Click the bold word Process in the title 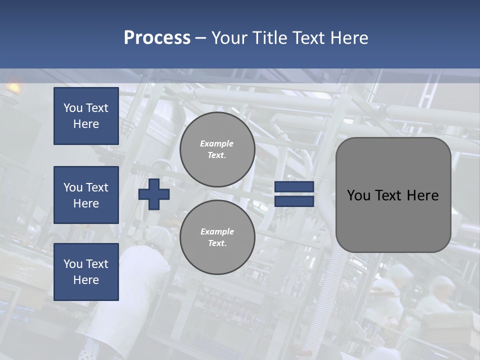pyautogui.click(x=157, y=38)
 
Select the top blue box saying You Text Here pyautogui.click(x=86, y=116)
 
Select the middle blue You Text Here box pyautogui.click(x=86, y=195)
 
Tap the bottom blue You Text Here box pyautogui.click(x=86, y=271)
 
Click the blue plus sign pyautogui.click(x=154, y=194)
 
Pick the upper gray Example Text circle pyautogui.click(x=217, y=149)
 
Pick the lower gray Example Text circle pyautogui.click(x=217, y=237)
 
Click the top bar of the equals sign pyautogui.click(x=294, y=187)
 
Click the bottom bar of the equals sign pyautogui.click(x=294, y=201)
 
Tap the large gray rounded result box pyautogui.click(x=393, y=220)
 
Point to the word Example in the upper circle pyautogui.click(x=217, y=143)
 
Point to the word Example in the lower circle pyautogui.click(x=217, y=231)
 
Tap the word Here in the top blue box pyautogui.click(x=86, y=124)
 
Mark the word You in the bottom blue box pyautogui.click(x=72, y=264)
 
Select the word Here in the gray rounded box pyautogui.click(x=422, y=195)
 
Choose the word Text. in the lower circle pyautogui.click(x=217, y=243)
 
